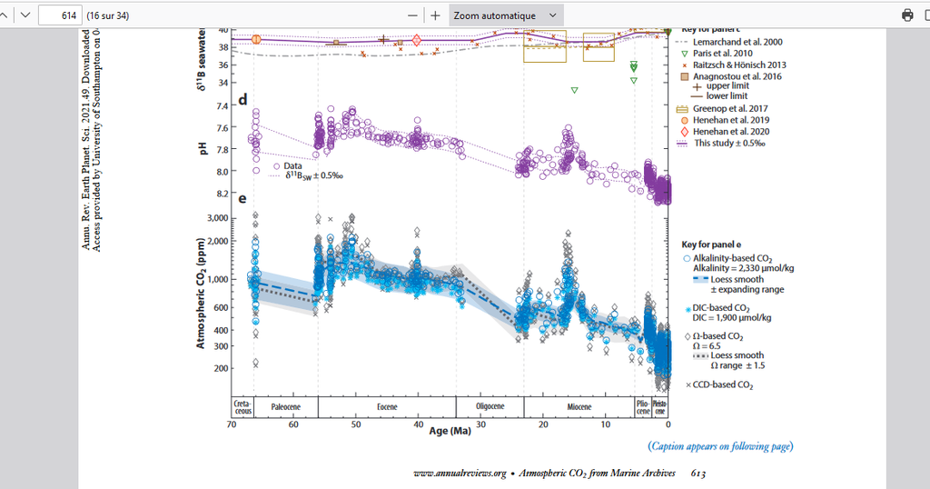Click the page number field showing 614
(x=60, y=15)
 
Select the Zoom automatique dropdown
(x=507, y=15)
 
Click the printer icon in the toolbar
(x=906, y=15)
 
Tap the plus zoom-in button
(x=435, y=15)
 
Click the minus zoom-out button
(x=413, y=15)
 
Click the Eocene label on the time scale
(x=386, y=405)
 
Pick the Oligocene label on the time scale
(x=490, y=405)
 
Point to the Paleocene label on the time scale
(x=285, y=405)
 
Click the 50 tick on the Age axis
(x=356, y=424)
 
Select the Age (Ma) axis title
(x=450, y=430)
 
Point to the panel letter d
(x=242, y=99)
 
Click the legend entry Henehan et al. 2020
(x=731, y=132)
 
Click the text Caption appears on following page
(x=719, y=446)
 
